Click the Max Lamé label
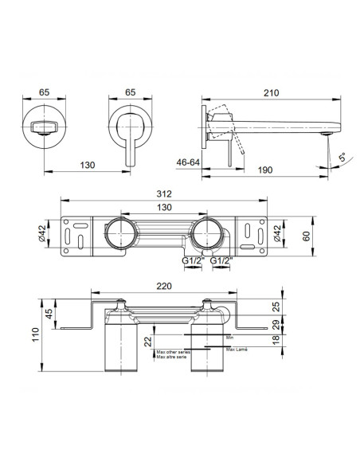coord(236,350)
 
